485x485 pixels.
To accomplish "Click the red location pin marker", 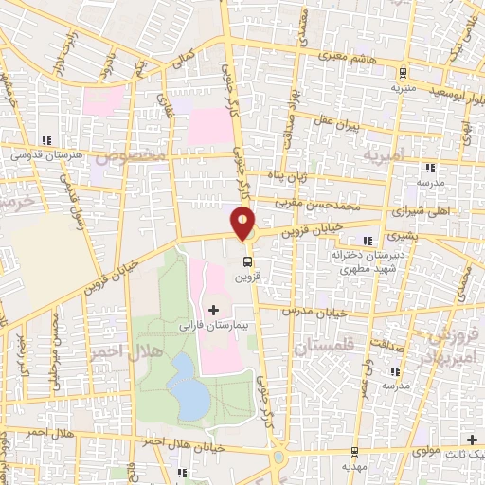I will (x=243, y=223).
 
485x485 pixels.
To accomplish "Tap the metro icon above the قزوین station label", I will (x=247, y=260).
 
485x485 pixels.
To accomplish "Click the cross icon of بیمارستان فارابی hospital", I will (x=213, y=310).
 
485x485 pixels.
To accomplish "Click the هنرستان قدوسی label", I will (x=46, y=153).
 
